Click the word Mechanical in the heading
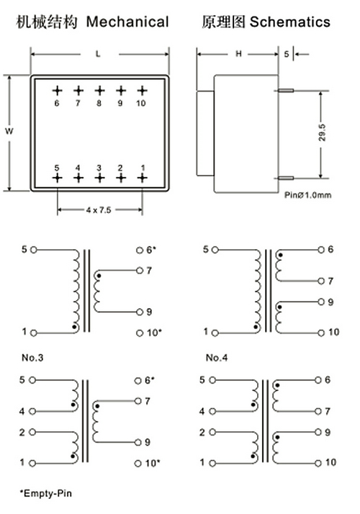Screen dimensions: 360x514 pyautogui.click(x=127, y=22)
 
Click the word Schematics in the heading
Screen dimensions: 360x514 pyautogui.click(x=290, y=22)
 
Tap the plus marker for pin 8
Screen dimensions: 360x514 pyautogui.click(x=99, y=91)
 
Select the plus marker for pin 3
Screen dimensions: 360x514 pyautogui.click(x=99, y=178)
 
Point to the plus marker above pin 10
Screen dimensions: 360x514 pyautogui.click(x=142, y=91)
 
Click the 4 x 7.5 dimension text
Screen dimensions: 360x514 pyautogui.click(x=99, y=210)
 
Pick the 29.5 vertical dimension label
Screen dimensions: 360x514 pyautogui.click(x=322, y=132)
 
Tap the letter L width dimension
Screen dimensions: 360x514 pyautogui.click(x=98, y=54)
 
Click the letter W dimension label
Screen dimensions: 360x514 pyautogui.click(x=9, y=131)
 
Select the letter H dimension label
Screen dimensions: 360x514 pyautogui.click(x=238, y=53)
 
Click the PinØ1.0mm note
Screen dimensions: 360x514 pyautogui.click(x=308, y=195)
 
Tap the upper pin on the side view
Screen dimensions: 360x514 pyautogui.click(x=286, y=90)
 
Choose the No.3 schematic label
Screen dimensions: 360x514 pyautogui.click(x=32, y=357)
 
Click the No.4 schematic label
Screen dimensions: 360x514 pyautogui.click(x=217, y=357)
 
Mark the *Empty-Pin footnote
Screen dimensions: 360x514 pyautogui.click(x=45, y=493)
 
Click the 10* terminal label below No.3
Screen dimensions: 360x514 pyautogui.click(x=152, y=463)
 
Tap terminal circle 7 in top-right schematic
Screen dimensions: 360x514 pyautogui.click(x=321, y=281)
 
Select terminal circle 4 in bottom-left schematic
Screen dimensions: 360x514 pyautogui.click(x=32, y=411)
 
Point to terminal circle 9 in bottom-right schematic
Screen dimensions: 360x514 pyautogui.click(x=318, y=432)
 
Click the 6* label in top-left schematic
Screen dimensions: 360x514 pyautogui.click(x=150, y=250)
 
